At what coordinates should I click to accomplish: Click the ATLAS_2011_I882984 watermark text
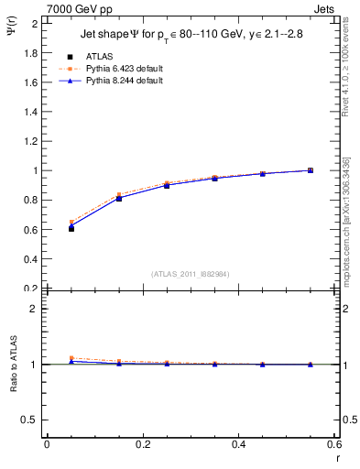(190, 273)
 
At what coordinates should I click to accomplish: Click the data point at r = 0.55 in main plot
(311, 170)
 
